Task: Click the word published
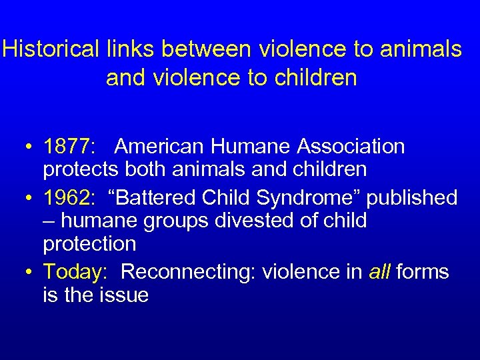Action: pyautogui.click(x=410, y=198)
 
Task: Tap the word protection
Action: pyautogui.click(x=89, y=244)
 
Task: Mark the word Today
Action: pyautogui.click(x=73, y=272)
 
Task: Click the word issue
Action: pyautogui.click(x=124, y=295)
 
